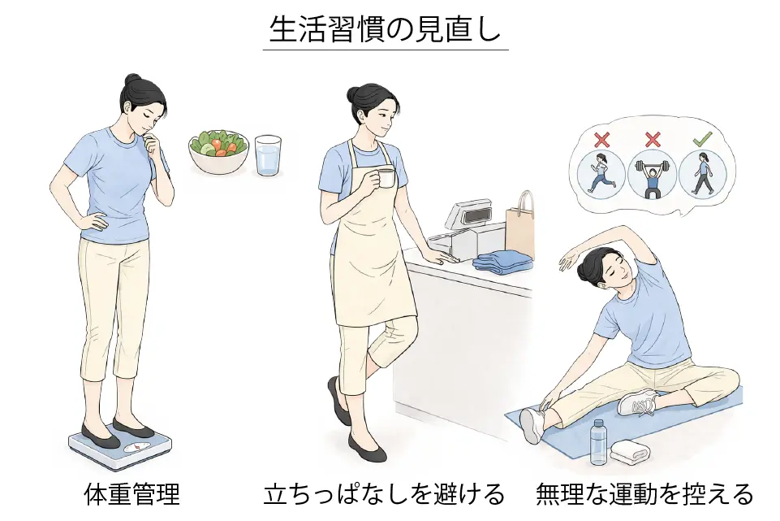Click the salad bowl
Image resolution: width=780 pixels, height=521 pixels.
pos(218,152)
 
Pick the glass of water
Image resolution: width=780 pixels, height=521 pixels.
pos(268,155)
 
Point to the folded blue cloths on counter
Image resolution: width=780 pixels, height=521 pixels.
pos(502,262)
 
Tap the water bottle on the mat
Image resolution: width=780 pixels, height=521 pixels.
pos(599,442)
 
